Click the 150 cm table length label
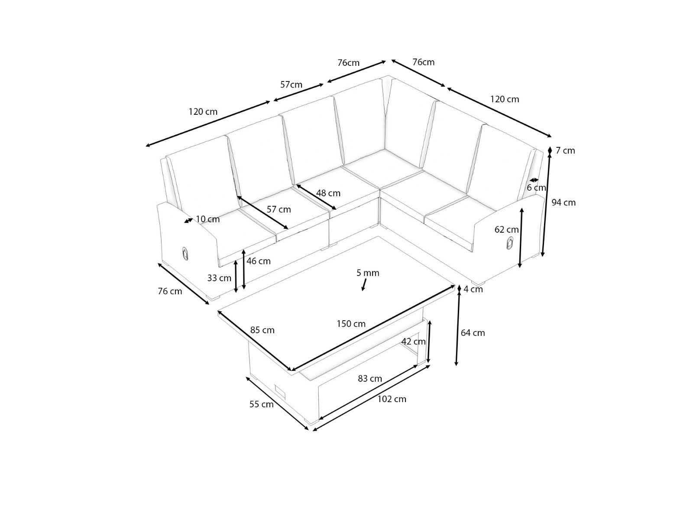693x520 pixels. [351, 324]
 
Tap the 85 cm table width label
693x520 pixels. [262, 330]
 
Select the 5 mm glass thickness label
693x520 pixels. [368, 273]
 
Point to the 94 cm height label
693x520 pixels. [563, 202]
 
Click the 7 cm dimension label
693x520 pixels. [566, 151]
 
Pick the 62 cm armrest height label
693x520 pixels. [506, 230]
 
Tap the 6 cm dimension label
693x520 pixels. [536, 188]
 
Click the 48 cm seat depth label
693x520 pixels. [328, 193]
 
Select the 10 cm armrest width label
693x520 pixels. [208, 219]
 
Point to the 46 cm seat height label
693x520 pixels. [259, 261]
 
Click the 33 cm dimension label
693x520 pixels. [219, 278]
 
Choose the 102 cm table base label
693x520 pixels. [392, 399]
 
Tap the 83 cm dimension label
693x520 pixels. [370, 379]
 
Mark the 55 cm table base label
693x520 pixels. [262, 404]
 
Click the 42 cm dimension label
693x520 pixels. [414, 341]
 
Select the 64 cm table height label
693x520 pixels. [473, 333]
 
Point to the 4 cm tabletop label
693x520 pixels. [473, 289]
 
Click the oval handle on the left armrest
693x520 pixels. [185, 253]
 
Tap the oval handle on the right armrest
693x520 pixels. [509, 243]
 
